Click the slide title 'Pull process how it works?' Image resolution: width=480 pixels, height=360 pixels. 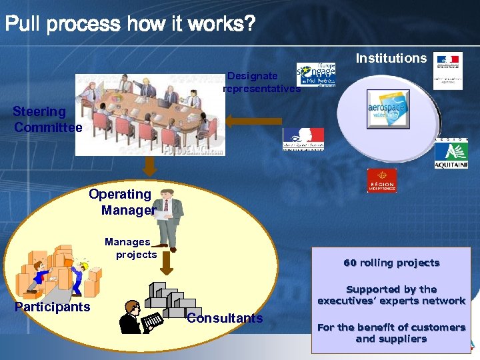[x=130, y=25]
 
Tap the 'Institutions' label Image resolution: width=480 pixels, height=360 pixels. [x=391, y=58]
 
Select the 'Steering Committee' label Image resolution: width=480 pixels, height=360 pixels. [x=47, y=119]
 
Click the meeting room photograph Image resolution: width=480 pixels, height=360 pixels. [x=150, y=114]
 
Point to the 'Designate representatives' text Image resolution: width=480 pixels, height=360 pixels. [x=261, y=82]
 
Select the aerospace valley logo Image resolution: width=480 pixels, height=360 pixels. [x=388, y=109]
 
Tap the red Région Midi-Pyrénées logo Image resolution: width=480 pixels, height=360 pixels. [x=382, y=181]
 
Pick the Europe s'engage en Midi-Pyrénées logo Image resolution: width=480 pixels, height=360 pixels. [x=316, y=75]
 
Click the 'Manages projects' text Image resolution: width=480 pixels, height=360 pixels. [x=131, y=248]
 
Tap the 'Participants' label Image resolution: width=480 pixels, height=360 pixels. [x=53, y=307]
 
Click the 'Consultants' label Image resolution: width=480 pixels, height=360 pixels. [x=225, y=318]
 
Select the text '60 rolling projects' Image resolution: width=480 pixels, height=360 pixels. [x=391, y=263]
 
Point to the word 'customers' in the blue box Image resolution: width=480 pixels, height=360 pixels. [x=435, y=327]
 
